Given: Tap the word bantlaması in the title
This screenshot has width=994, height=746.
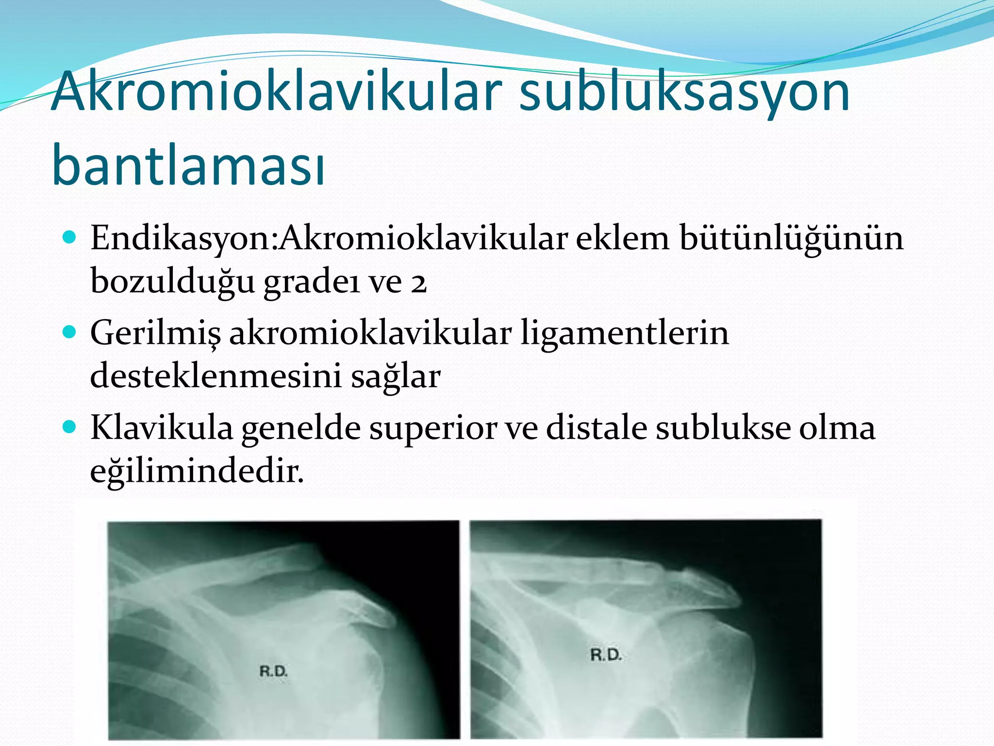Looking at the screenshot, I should [188, 165].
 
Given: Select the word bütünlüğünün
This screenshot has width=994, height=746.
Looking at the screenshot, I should [791, 239].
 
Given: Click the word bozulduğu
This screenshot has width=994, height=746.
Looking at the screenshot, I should [172, 282].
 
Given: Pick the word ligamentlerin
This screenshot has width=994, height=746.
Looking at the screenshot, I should [625, 334].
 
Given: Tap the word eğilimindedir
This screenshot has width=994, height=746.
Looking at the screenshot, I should [197, 471].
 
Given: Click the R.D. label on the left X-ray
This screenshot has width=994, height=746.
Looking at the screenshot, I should [274, 672].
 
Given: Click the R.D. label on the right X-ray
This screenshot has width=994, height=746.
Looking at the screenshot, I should [606, 655].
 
